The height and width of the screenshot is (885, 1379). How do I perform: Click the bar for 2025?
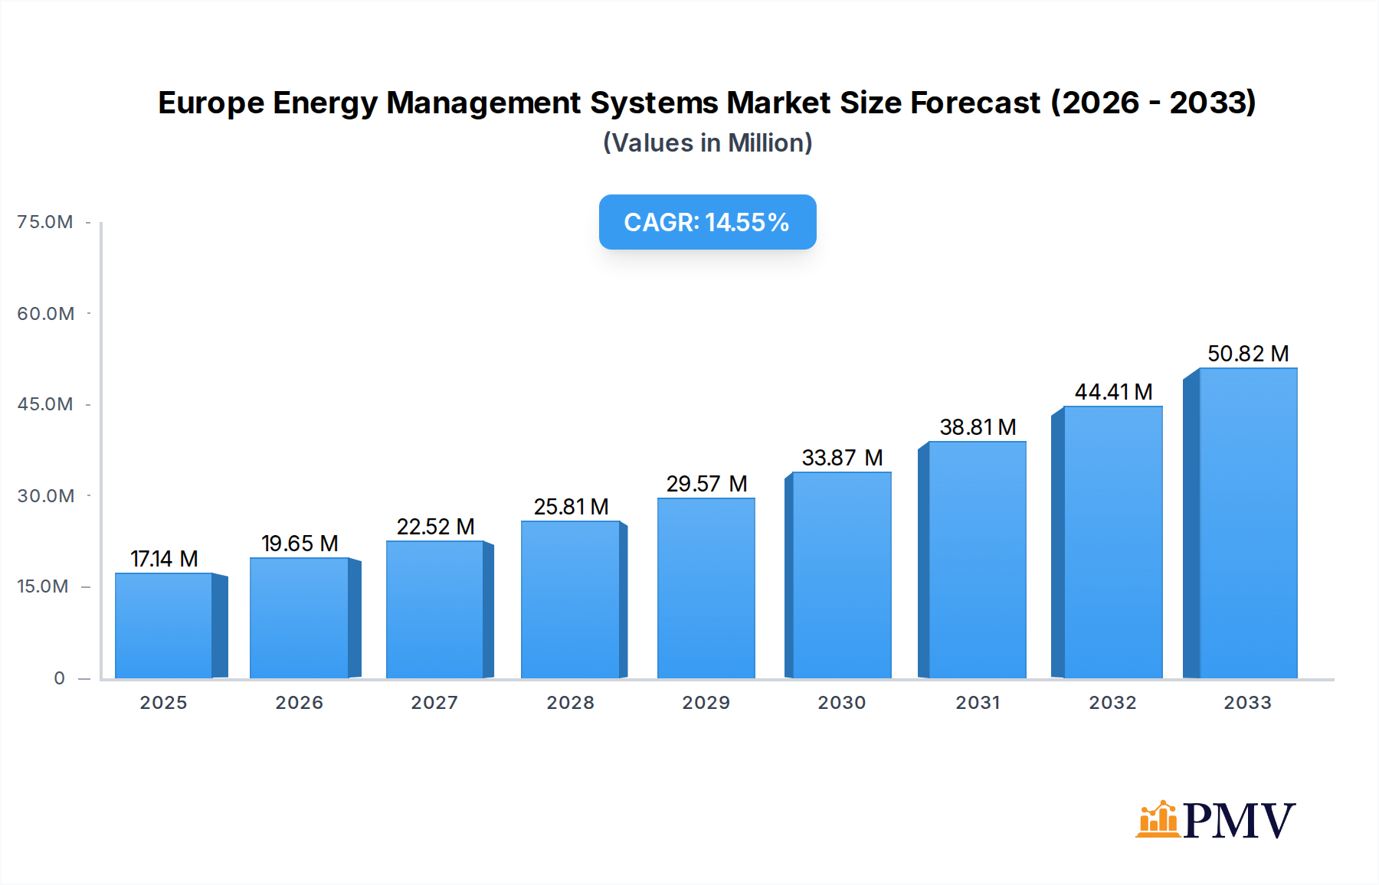coord(164,626)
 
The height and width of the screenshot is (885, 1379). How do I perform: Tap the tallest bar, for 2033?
coord(1247,524)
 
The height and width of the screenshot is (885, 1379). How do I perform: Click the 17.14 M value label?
coord(164,559)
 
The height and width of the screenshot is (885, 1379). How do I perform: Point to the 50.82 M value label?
coord(1248,354)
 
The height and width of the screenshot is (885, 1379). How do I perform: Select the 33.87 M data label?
coord(842,458)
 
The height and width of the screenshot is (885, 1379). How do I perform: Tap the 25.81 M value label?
coord(571,507)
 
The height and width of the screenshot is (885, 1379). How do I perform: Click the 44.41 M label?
coord(1113,392)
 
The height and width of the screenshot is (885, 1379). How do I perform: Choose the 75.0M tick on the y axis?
coord(45,222)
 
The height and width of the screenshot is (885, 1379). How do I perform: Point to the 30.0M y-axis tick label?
coord(46,496)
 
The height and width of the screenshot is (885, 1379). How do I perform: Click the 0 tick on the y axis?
coord(59,678)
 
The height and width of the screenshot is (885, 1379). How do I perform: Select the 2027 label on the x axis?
coord(434,703)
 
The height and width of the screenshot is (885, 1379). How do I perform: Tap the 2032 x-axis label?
coord(1112,703)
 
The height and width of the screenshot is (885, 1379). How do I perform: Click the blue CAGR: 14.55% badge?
coord(707,222)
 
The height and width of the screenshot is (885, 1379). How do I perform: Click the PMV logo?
coord(1215,820)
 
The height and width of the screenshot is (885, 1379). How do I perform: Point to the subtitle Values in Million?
coord(707,143)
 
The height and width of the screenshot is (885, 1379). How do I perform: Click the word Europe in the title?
coord(211,103)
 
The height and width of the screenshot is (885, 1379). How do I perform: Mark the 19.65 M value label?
coord(300,544)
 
